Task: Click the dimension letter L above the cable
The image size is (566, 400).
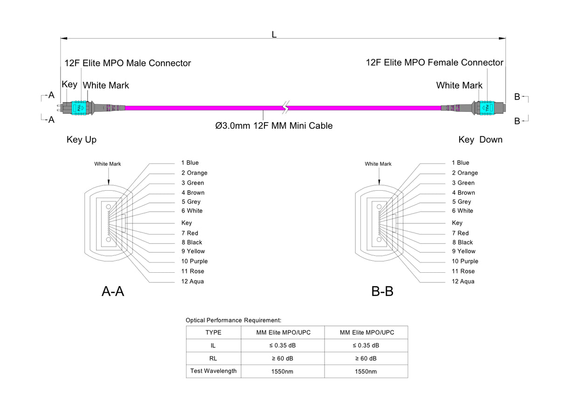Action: click(274, 34)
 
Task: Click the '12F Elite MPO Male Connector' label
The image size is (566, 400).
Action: click(127, 63)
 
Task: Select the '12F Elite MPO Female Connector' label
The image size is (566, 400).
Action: click(435, 62)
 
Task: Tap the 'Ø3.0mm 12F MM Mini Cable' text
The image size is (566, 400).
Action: click(274, 125)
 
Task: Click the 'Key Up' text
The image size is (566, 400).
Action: click(82, 139)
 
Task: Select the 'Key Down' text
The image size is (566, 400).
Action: click(480, 139)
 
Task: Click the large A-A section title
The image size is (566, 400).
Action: click(113, 292)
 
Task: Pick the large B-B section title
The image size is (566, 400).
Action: click(382, 292)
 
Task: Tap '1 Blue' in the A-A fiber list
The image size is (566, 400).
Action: click(190, 163)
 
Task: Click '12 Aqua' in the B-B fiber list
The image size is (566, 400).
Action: click(463, 281)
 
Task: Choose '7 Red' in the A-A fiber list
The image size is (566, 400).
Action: click(190, 233)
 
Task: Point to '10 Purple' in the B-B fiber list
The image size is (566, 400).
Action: click(465, 261)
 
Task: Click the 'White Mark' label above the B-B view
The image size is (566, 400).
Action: click(378, 164)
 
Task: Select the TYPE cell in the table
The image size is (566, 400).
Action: click(214, 332)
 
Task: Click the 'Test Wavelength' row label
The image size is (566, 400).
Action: click(214, 371)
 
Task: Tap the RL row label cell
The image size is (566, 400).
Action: click(214, 359)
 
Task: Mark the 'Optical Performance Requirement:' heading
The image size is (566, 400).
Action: click(233, 320)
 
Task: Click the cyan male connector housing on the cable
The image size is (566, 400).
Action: click(79, 108)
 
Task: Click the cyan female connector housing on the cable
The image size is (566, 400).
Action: click(486, 108)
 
